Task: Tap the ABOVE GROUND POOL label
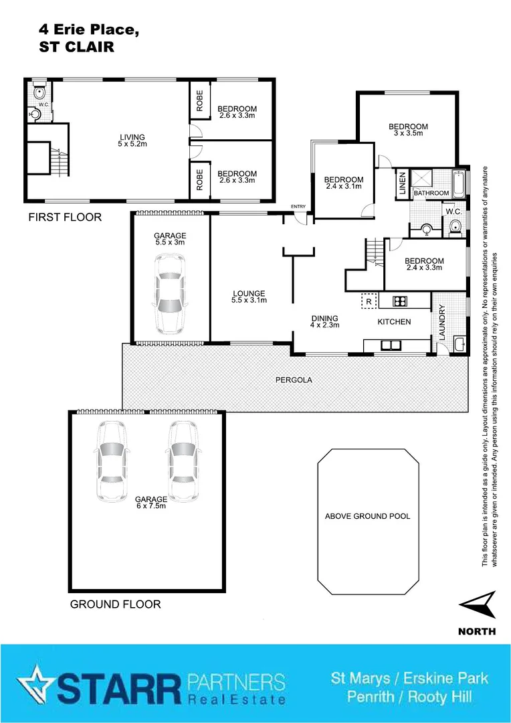(x=367, y=516)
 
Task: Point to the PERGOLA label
(x=294, y=380)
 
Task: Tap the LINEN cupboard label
(x=402, y=183)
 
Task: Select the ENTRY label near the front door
(x=297, y=206)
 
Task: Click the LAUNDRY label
(x=442, y=322)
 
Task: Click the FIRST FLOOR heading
(x=65, y=217)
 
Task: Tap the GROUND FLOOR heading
(x=115, y=604)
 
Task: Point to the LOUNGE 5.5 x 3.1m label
(x=249, y=297)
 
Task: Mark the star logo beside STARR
(x=35, y=682)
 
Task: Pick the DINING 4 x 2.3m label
(x=325, y=321)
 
